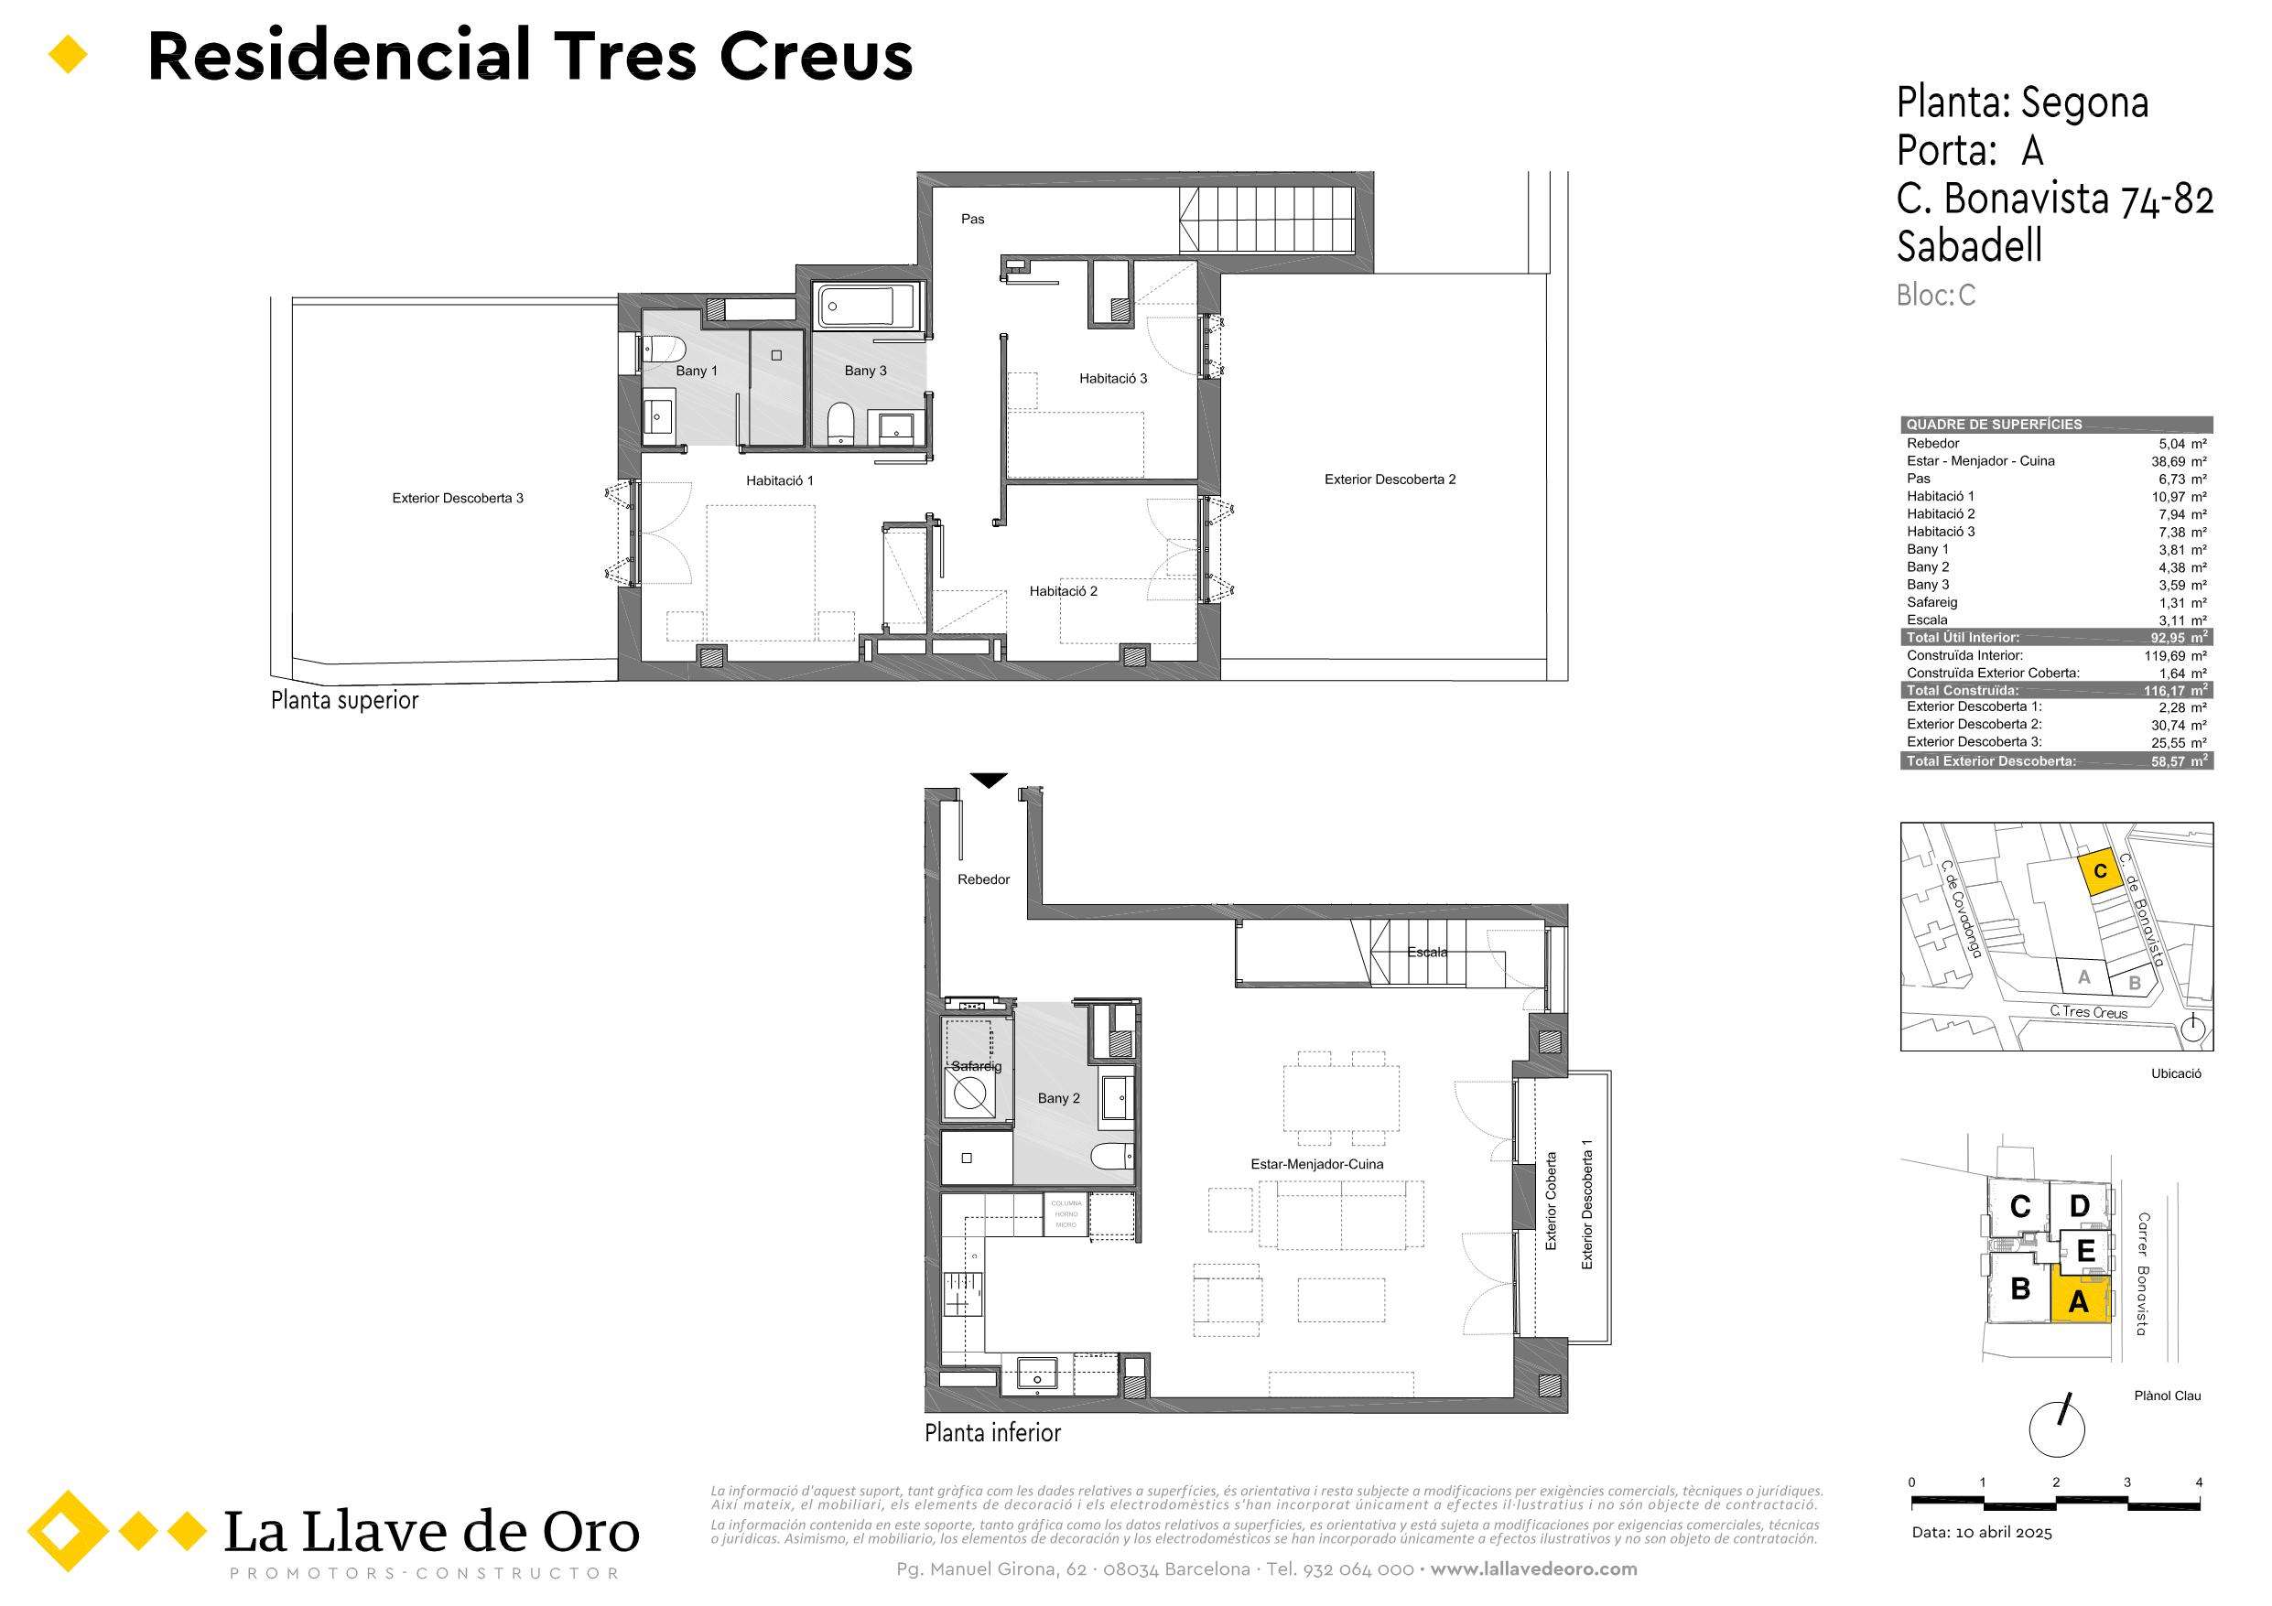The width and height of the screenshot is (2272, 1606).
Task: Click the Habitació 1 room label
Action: click(780, 481)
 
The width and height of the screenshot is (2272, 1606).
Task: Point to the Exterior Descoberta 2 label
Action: click(1390, 480)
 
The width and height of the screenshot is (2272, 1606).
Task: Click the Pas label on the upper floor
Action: click(973, 220)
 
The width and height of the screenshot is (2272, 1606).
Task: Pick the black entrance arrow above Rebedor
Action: click(989, 780)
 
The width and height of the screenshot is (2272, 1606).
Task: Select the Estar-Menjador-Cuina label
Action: click(1317, 1165)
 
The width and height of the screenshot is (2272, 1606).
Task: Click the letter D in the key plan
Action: click(2079, 1205)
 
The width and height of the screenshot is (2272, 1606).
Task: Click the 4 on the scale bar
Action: click(2199, 1482)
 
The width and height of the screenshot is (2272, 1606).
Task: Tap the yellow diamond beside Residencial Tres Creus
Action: click(69, 56)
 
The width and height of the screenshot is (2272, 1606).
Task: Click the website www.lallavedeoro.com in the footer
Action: click(1534, 1569)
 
